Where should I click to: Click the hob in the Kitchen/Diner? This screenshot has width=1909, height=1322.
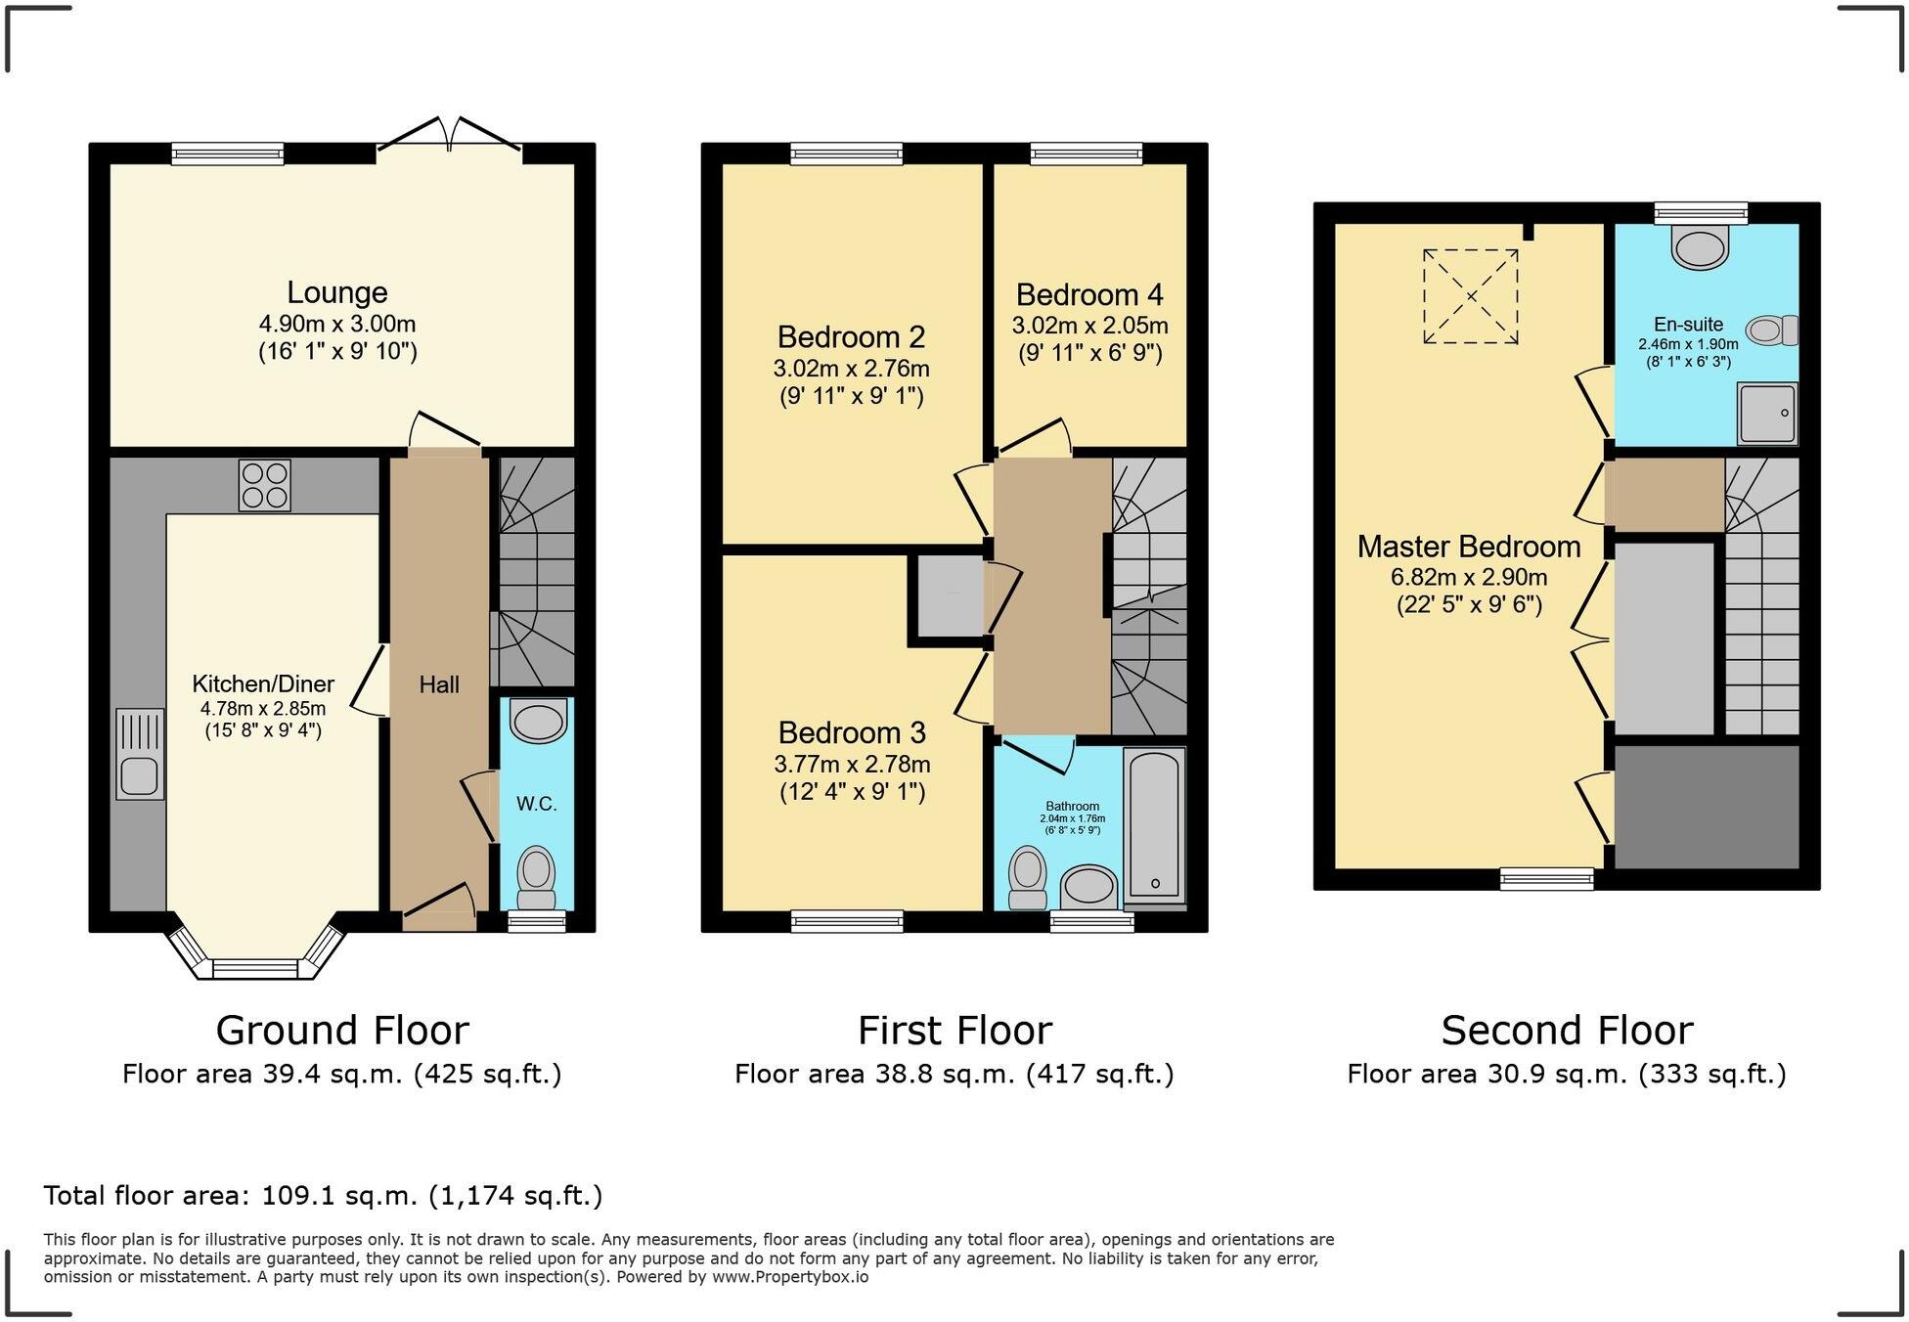click(264, 485)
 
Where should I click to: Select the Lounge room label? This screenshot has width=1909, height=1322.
click(336, 292)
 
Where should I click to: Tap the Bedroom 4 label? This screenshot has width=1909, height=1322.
click(1089, 294)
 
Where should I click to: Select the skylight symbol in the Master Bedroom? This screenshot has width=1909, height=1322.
click(1470, 296)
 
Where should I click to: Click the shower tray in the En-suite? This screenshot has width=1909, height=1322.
click(1766, 414)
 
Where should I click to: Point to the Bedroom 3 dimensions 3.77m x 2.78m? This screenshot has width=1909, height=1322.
click(852, 764)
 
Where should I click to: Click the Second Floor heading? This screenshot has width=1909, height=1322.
click(1567, 1031)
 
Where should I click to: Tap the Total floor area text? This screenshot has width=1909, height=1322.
click(323, 1195)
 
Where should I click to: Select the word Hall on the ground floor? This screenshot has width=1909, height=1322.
click(439, 684)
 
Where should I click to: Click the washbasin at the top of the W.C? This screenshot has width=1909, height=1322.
click(539, 722)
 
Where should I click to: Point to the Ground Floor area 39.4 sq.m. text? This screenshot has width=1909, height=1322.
click(341, 1074)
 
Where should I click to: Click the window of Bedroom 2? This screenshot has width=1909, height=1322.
click(847, 153)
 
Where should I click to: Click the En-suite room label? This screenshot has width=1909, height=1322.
click(1688, 324)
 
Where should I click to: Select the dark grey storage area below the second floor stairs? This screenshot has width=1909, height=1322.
click(1707, 806)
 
